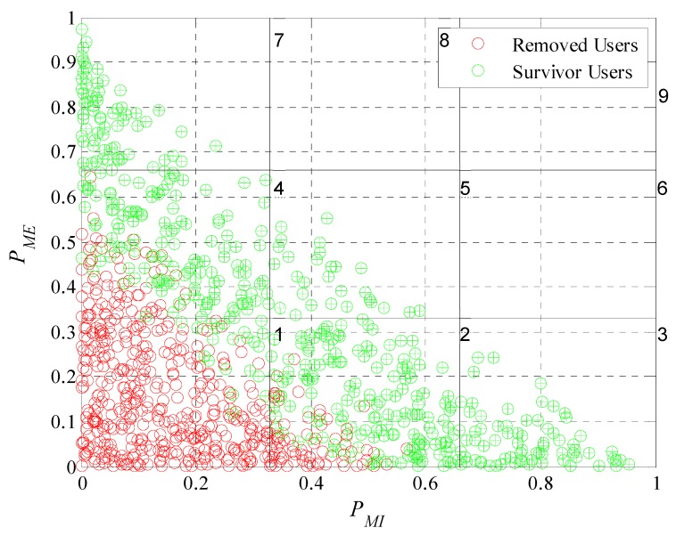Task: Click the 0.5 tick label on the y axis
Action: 62,242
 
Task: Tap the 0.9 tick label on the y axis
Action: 62,62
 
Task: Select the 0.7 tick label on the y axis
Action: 62,152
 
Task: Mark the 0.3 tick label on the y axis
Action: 62,332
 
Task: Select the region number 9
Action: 663,96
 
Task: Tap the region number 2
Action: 464,335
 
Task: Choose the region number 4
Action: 278,189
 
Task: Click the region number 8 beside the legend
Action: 444,41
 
